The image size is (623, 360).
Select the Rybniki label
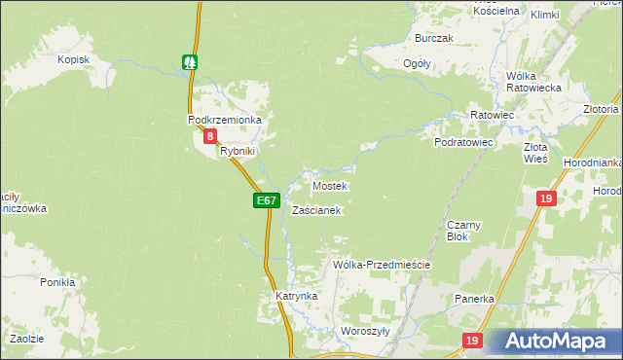(x=237, y=151)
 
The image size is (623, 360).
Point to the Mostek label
(x=329, y=185)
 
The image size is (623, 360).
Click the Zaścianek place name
(x=316, y=209)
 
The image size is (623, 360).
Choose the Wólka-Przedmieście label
(x=382, y=264)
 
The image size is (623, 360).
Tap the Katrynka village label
(x=297, y=295)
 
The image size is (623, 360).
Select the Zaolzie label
(x=26, y=338)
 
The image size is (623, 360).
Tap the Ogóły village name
(x=417, y=63)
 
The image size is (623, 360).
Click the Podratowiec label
(x=464, y=142)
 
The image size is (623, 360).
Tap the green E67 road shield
(x=268, y=200)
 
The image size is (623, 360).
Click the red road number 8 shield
(x=209, y=137)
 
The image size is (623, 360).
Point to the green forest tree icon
(x=191, y=61)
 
